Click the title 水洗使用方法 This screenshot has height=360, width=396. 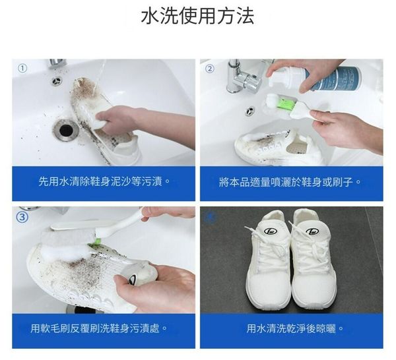click(x=197, y=16)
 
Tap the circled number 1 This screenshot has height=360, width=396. click(x=22, y=68)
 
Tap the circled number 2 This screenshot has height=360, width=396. click(x=209, y=69)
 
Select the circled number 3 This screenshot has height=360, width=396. click(x=22, y=217)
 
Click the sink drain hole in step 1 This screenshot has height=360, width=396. click(x=66, y=130)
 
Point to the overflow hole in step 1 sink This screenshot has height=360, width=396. click(x=57, y=80)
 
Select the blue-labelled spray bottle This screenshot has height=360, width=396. click(x=315, y=78)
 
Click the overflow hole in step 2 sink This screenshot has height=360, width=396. click(x=250, y=111)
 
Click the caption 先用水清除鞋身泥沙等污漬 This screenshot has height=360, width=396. click(x=104, y=181)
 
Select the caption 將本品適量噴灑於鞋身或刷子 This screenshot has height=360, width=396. click(x=290, y=182)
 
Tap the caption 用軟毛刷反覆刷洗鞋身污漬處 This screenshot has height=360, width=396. click(x=99, y=328)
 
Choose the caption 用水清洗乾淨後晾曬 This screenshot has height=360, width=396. click(x=295, y=328)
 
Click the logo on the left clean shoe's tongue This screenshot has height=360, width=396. click(x=270, y=231)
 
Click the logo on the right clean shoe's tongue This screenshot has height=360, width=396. click(x=312, y=231)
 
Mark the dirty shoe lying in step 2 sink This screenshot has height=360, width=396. click(x=275, y=146)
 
